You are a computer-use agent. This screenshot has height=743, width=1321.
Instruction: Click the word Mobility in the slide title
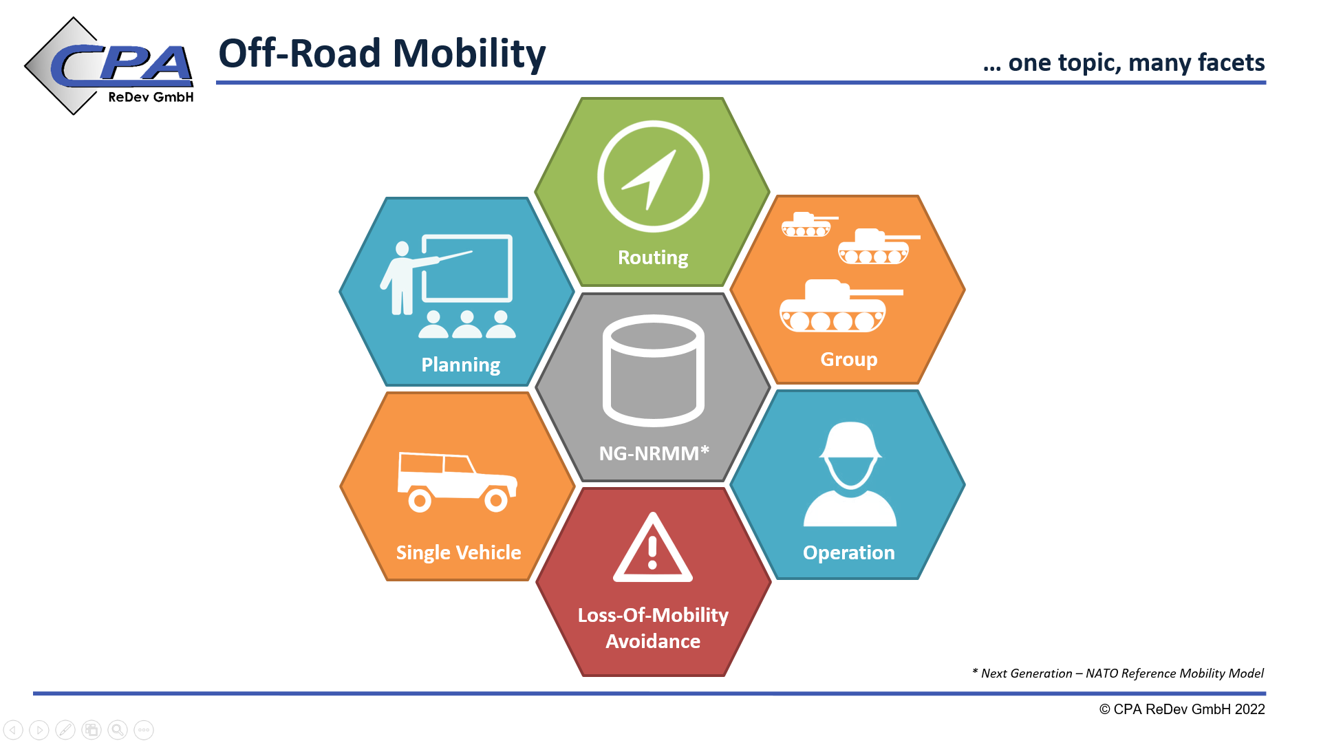pyautogui.click(x=469, y=54)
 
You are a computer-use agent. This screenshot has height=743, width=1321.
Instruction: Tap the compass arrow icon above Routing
pyautogui.click(x=653, y=177)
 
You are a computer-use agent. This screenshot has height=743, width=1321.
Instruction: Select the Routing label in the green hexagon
pyautogui.click(x=653, y=257)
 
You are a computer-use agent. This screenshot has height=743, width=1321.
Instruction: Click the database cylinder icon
pyautogui.click(x=653, y=371)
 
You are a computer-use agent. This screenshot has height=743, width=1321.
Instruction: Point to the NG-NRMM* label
pyautogui.click(x=654, y=453)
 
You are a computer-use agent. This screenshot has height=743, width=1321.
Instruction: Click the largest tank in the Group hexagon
pyautogui.click(x=841, y=306)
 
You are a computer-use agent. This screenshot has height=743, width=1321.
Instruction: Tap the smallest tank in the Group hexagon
pyautogui.click(x=809, y=224)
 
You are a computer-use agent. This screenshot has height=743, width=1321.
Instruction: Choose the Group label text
pyautogui.click(x=849, y=360)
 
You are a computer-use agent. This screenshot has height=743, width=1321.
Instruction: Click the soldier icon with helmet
pyautogui.click(x=850, y=475)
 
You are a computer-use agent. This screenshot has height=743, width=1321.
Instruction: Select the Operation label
pyautogui.click(x=849, y=553)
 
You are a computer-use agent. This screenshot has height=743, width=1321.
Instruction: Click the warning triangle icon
pyautogui.click(x=653, y=547)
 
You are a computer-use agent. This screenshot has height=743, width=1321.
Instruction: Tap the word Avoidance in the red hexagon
pyautogui.click(x=653, y=642)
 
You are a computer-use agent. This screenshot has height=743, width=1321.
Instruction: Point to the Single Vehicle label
pyautogui.click(x=458, y=553)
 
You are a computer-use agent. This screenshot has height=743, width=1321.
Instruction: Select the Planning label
pyautogui.click(x=461, y=365)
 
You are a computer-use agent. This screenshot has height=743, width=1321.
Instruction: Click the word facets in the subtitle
pyautogui.click(x=1231, y=63)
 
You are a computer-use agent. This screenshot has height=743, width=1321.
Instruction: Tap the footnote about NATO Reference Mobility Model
pyautogui.click(x=1118, y=674)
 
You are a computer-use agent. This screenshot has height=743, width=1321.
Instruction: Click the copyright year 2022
pyautogui.click(x=1249, y=709)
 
